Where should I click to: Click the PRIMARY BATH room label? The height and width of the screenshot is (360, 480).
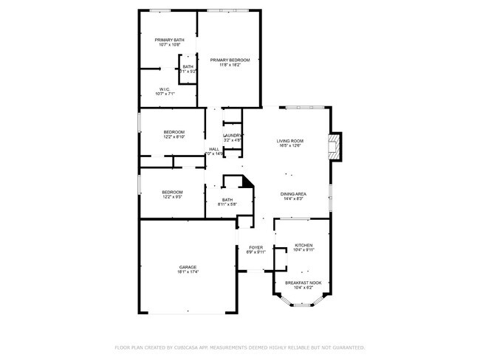pos(168,40)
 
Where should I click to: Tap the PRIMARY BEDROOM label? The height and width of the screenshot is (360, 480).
pos(230,60)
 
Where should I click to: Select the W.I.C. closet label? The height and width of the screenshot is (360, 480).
pos(165,89)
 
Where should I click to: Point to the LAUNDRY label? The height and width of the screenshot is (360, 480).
pos(233,135)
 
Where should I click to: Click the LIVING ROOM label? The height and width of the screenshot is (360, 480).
pos(290,141)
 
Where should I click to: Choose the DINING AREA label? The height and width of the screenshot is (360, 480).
pos(293,193)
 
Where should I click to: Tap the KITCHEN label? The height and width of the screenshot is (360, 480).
pos(304,245)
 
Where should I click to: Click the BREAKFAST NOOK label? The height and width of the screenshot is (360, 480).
pos(304,283)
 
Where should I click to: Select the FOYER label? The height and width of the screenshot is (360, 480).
pos(256,248)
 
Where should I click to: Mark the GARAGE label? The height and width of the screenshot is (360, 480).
pos(187,267)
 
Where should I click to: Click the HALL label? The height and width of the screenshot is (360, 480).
pos(213,149)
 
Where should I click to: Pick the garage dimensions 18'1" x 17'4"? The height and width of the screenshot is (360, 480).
pos(187,272)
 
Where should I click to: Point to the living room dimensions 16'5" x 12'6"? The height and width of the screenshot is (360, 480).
pos(290,146)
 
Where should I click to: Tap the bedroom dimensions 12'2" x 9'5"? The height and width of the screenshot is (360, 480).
pos(172,198)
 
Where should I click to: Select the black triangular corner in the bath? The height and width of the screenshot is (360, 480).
pos(249,181)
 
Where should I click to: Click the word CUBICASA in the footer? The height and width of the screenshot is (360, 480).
pos(190,347)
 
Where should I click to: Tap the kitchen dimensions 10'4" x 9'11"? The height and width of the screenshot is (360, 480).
pos(304,250)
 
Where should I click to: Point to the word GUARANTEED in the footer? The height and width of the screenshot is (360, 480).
pos(347,347)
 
